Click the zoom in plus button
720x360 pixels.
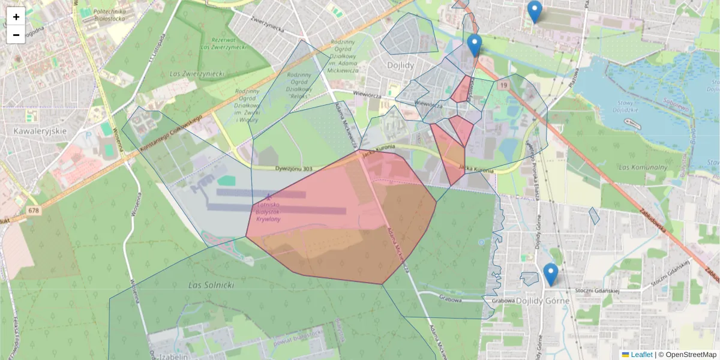[x=16, y=17]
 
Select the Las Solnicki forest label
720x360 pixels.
[x=211, y=284]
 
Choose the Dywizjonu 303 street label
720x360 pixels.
[x=294, y=169]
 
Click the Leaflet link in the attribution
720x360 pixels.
[x=641, y=355]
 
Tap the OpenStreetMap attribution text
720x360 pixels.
[x=687, y=355]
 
